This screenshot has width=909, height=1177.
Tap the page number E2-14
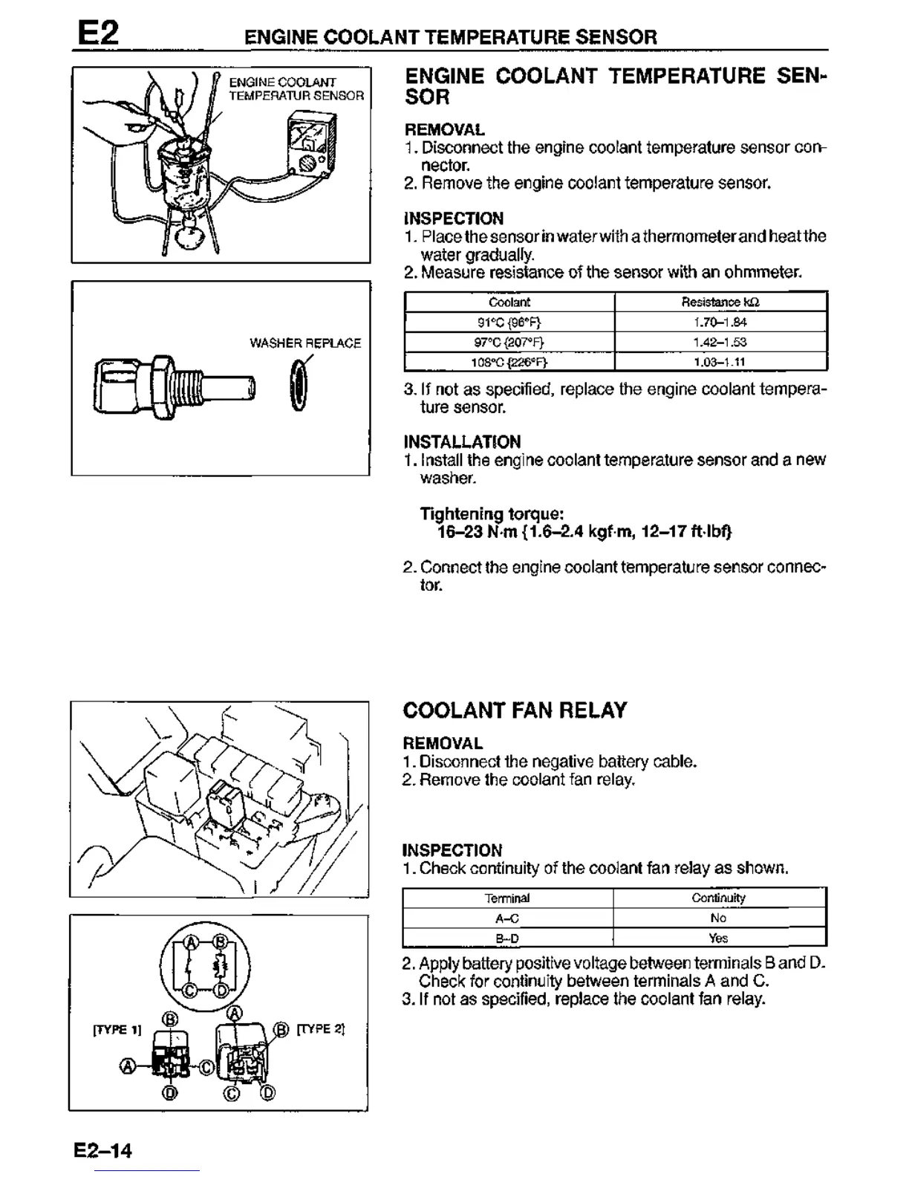point(102,1151)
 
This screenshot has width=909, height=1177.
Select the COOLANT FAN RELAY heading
point(515,710)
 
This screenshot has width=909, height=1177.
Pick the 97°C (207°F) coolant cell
point(509,343)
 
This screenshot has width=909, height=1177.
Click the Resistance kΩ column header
point(720,302)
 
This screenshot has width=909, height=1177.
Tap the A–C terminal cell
point(507,918)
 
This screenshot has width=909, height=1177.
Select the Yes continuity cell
point(718,938)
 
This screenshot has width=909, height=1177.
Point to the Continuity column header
point(718,898)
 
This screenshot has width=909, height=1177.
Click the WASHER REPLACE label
point(305,343)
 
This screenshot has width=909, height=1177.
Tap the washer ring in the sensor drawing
point(299,386)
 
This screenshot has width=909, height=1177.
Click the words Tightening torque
point(492,514)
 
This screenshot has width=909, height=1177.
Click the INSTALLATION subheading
point(462,442)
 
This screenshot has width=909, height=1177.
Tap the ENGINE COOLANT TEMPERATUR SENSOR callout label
point(296,88)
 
